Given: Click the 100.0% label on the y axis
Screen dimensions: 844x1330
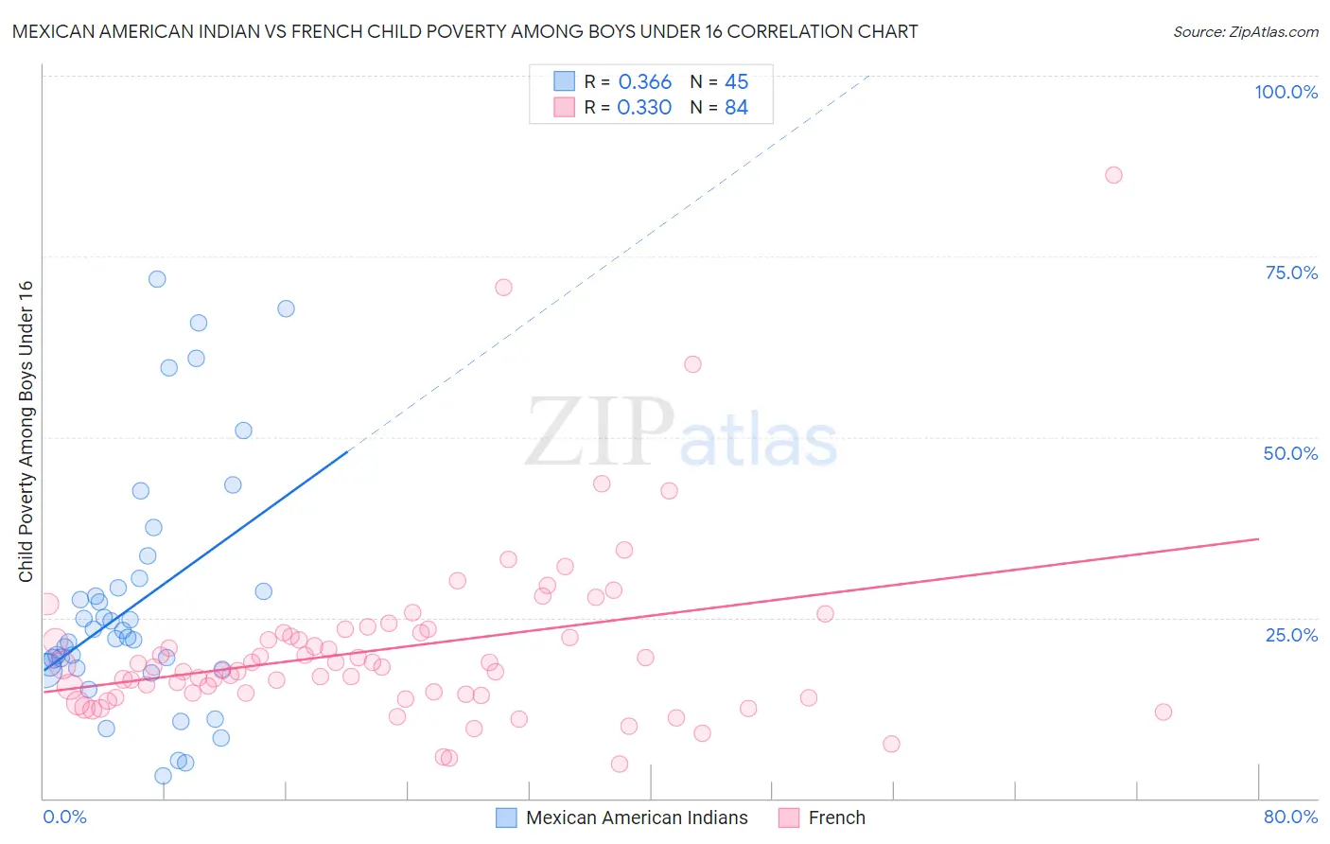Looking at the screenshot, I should [x=1286, y=92].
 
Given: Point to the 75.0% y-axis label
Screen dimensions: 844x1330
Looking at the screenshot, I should [x=1291, y=273].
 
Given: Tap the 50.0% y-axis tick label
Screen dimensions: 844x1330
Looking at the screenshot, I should [x=1290, y=453].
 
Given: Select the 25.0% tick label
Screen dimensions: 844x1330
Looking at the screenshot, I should [x=1291, y=634].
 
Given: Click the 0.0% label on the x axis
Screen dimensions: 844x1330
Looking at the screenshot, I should [x=64, y=817].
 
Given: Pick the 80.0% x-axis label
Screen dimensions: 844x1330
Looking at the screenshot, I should [x=1290, y=817].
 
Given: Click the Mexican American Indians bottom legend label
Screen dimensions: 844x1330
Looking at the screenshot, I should [x=637, y=818].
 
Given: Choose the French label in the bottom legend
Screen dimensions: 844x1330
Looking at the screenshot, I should [x=836, y=818].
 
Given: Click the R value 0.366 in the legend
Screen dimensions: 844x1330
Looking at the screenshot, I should [x=644, y=82].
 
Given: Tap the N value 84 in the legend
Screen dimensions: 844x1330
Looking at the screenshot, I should [x=736, y=108].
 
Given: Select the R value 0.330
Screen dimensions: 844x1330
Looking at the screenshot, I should [x=644, y=108].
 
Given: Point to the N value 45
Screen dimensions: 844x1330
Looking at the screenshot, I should [x=736, y=82].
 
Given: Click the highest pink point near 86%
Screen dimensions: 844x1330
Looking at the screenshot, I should [x=1113, y=175].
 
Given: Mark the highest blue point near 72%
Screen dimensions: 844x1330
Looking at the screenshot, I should [x=157, y=279].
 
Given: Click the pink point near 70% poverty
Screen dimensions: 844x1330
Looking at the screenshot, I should [x=503, y=288].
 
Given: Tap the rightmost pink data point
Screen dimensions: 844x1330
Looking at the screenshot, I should [x=1164, y=712].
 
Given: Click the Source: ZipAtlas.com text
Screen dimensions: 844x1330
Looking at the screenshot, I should [x=1245, y=32].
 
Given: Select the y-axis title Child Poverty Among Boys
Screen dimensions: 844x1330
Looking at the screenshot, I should [x=26, y=431].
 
